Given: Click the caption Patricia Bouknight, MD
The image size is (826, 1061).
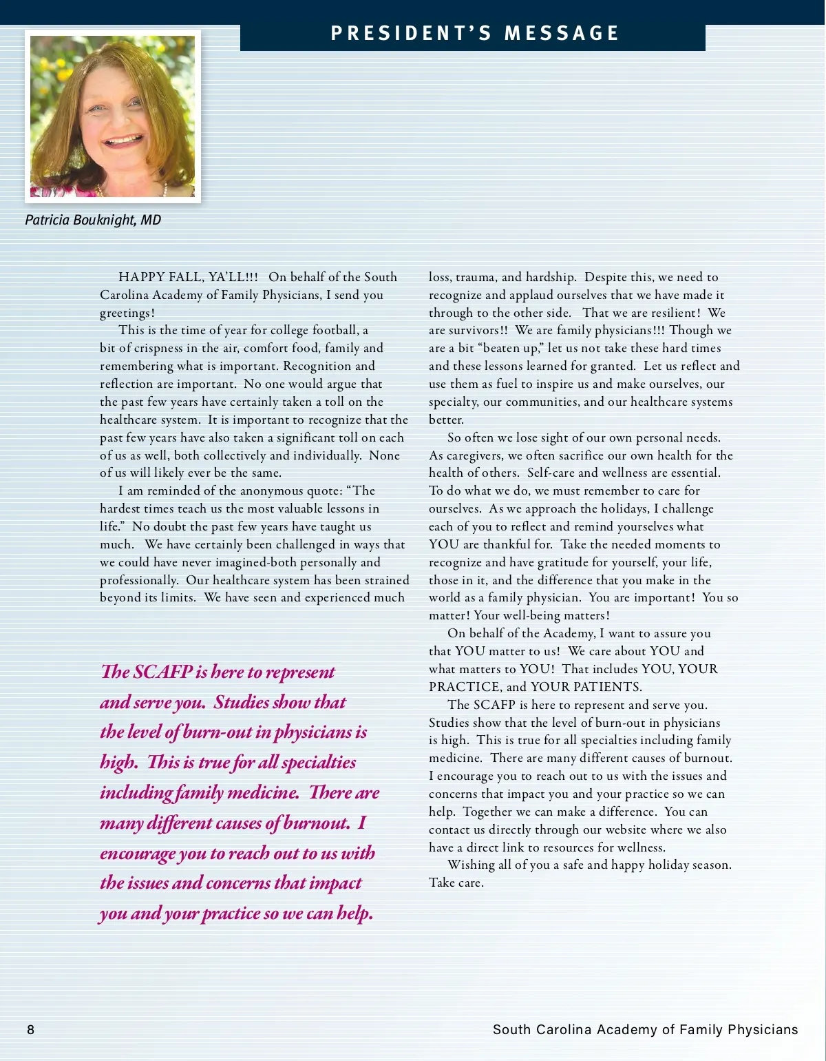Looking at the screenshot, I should tap(93, 220).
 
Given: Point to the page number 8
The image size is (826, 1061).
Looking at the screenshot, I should tap(30, 1030).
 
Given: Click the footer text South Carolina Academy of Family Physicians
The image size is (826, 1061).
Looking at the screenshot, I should tap(645, 1030).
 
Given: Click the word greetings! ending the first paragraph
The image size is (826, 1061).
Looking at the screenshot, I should tap(127, 313).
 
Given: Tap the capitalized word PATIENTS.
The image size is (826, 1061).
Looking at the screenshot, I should tap(607, 687).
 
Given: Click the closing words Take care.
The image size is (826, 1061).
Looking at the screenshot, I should tap(456, 883).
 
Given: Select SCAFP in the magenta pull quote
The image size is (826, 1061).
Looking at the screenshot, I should tap(163, 672).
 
